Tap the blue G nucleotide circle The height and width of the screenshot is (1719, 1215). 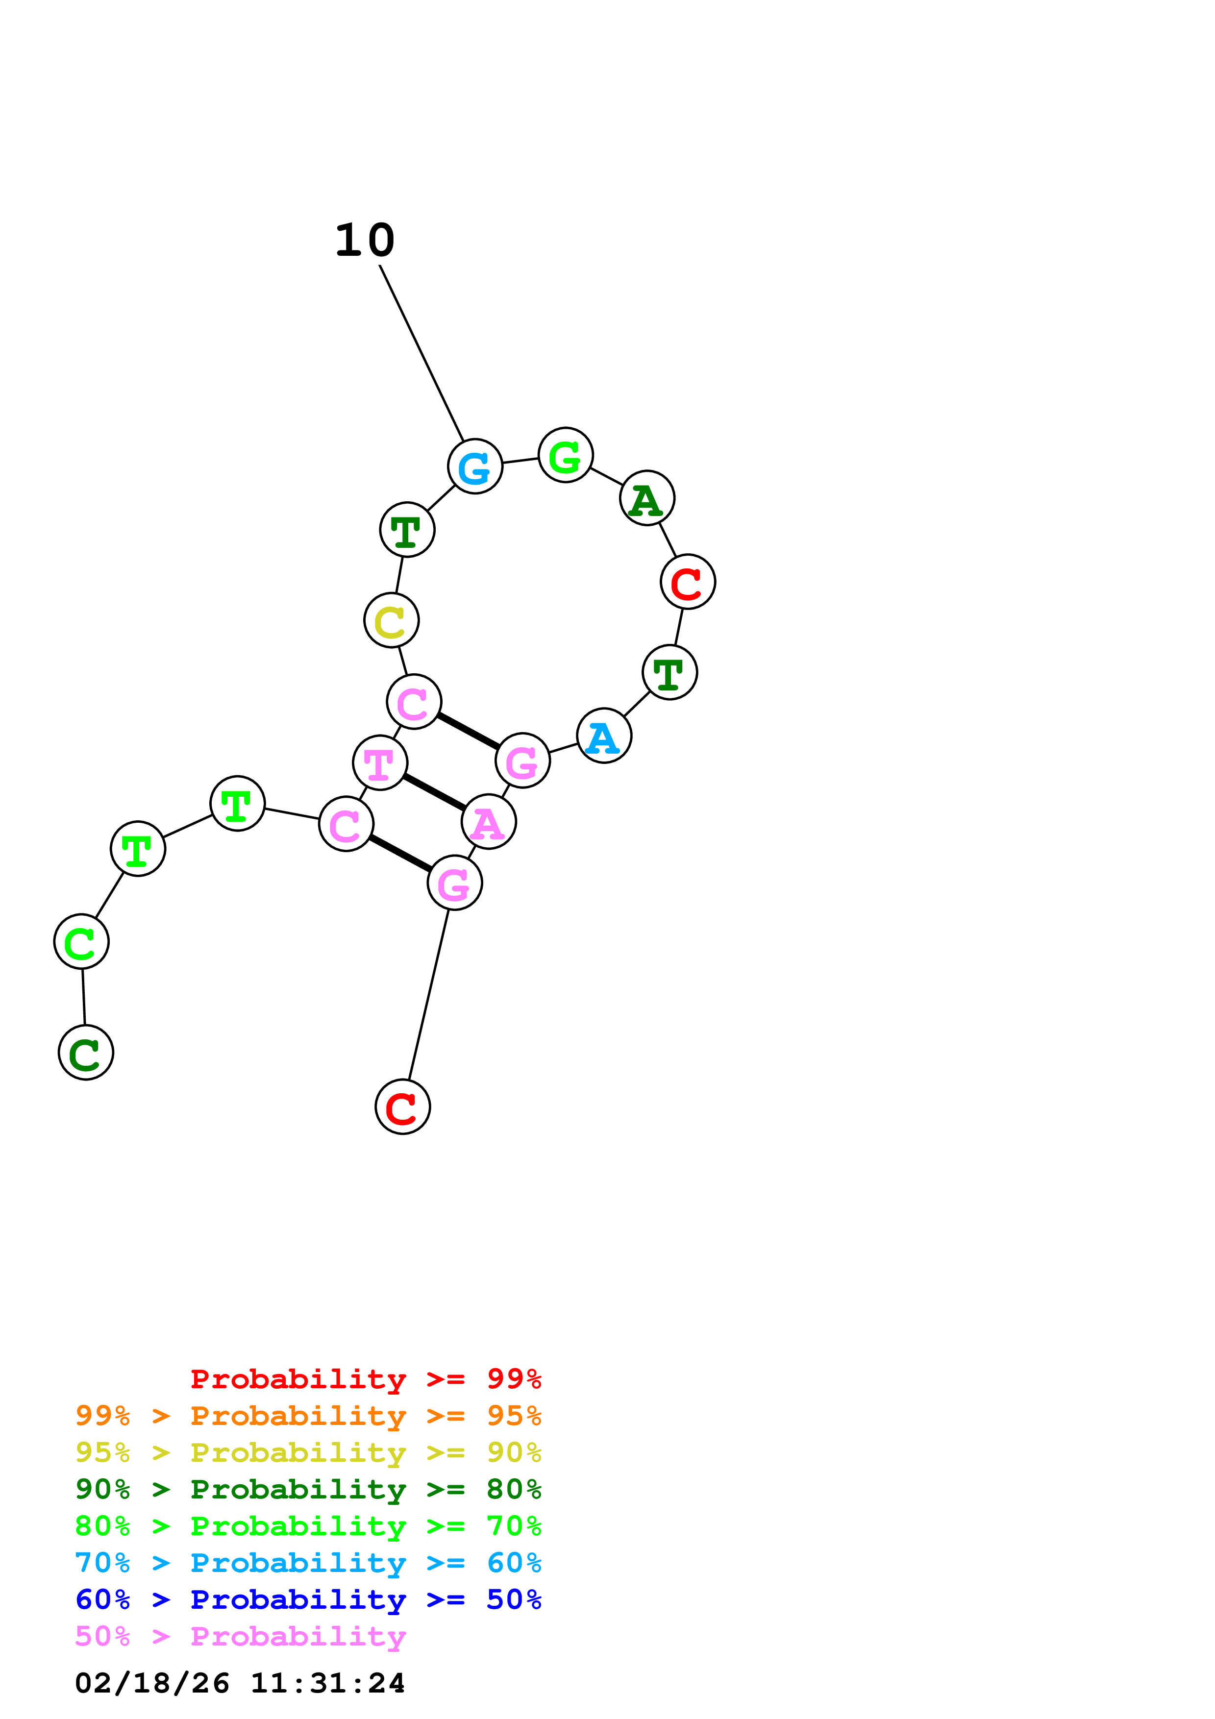(x=474, y=467)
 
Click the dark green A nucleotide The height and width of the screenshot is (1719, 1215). (x=647, y=498)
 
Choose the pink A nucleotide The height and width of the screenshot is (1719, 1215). (x=488, y=822)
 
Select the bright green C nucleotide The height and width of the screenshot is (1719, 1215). (x=81, y=941)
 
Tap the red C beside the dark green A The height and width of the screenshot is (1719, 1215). (x=687, y=582)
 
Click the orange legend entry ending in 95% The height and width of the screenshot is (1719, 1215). (x=308, y=1415)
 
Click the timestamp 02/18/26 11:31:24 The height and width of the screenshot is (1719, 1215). (x=240, y=1683)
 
